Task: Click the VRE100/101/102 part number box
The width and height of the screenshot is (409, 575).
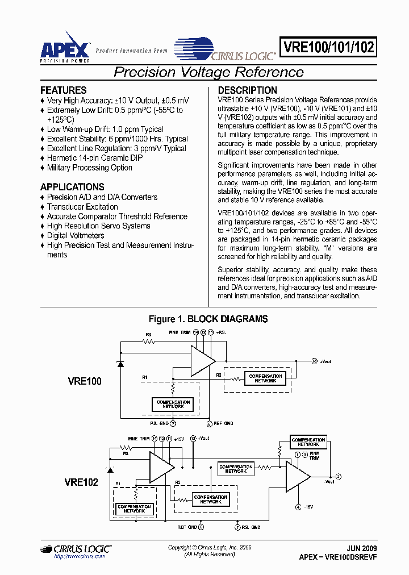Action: coord(328,47)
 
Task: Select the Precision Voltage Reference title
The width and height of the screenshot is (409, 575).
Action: coord(208,72)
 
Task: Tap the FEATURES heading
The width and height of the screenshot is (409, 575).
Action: coord(64,90)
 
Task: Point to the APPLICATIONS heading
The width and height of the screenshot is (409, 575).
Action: coord(72,187)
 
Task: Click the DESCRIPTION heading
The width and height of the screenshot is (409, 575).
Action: coord(248,90)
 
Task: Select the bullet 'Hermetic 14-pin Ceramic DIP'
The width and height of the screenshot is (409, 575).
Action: coord(94,158)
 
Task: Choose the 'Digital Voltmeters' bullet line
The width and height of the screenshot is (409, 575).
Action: coord(76,235)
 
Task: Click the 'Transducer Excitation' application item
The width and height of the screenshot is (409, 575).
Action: coord(82,207)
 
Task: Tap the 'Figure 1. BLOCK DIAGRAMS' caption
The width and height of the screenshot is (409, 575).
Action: coord(208,319)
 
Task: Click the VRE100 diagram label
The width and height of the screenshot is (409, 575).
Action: coord(84,381)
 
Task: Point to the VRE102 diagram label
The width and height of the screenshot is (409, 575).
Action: coord(81,482)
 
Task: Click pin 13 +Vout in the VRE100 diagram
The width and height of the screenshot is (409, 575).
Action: coord(315,361)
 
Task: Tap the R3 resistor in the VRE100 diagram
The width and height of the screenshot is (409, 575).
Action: coord(149,341)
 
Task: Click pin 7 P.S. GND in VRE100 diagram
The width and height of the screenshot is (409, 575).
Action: coord(173,423)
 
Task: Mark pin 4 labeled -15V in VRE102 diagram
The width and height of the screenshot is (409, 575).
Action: coord(298,507)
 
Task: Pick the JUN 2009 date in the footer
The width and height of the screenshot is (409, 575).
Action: coord(361,549)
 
